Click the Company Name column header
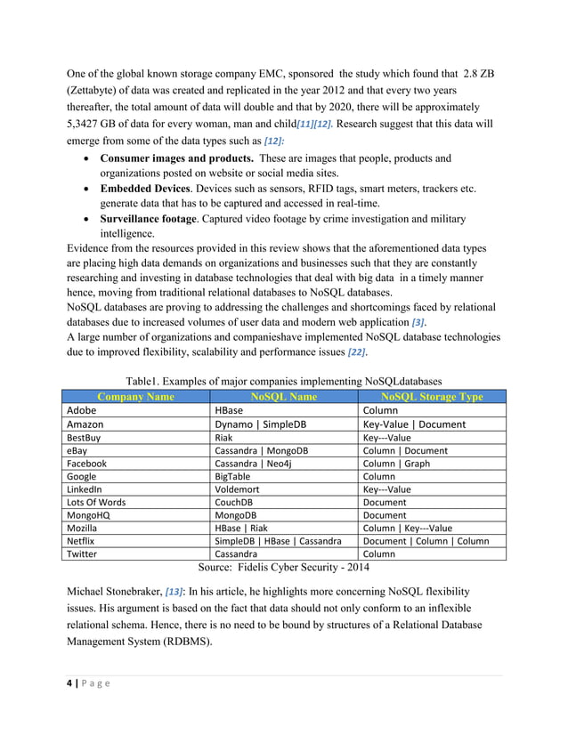tap(135, 397)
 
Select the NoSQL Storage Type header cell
tap(431, 397)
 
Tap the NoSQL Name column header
tap(284, 397)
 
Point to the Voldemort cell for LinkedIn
tap(238, 489)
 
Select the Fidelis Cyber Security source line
tap(284, 567)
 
